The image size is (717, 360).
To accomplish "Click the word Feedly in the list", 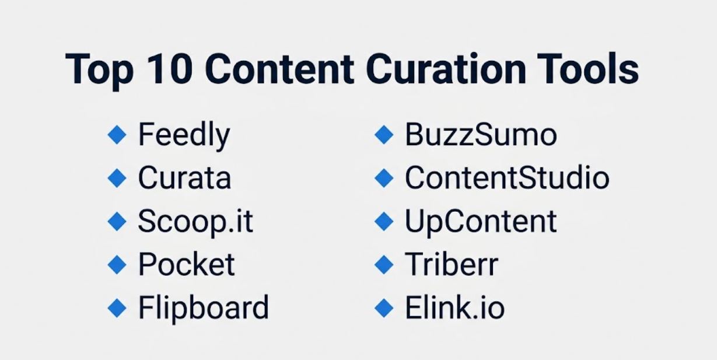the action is point(184,135).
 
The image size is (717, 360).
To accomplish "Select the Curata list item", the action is point(184,177).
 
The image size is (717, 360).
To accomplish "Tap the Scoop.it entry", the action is point(195,222).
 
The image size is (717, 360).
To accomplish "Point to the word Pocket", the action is point(187,264).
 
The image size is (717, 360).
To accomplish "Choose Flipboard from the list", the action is point(204,309).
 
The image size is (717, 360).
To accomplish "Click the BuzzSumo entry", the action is point(481,135).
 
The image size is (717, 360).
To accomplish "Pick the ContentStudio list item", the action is point(508,177).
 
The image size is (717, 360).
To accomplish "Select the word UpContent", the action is point(481,222).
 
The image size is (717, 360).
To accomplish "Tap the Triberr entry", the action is point(452,264).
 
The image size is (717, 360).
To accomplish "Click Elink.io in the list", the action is point(455,307).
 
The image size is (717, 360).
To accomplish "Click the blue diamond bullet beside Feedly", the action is point(117,135).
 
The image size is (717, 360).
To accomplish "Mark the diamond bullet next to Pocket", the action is point(117,265).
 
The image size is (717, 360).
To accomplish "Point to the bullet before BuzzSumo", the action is point(384,135).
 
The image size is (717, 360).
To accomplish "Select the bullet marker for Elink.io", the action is point(384,308).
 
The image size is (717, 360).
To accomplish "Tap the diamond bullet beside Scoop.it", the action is point(117,221).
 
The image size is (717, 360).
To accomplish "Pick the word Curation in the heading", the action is point(446,68).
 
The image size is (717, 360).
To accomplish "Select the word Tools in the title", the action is point(587,68).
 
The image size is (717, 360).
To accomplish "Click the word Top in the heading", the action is point(99,72).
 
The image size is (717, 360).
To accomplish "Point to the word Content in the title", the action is point(279,69).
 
